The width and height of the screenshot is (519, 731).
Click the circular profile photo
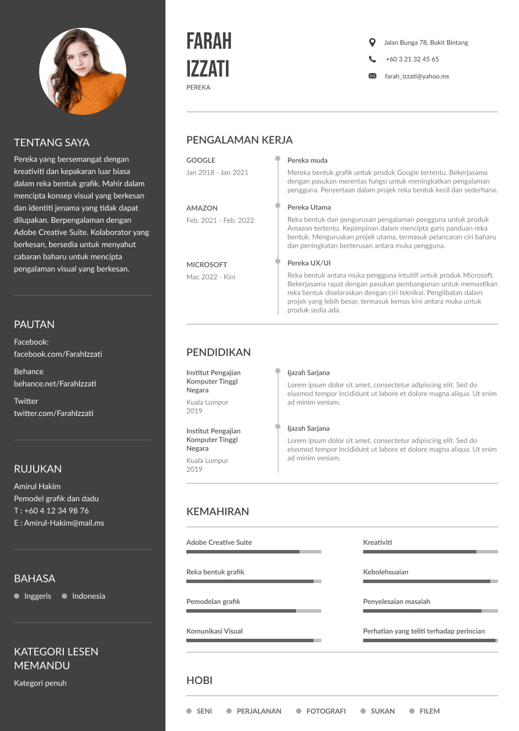(82, 71)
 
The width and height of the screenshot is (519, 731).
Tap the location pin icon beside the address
(372, 42)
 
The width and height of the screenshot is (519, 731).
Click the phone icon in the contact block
(372, 59)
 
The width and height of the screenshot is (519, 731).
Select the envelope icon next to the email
(372, 76)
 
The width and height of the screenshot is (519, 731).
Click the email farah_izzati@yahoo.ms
(417, 76)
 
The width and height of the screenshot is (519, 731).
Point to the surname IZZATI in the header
(208, 69)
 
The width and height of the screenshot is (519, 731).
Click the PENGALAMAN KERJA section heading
(239, 140)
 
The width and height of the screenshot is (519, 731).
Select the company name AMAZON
(202, 208)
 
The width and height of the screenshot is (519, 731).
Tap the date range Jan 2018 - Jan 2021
(217, 172)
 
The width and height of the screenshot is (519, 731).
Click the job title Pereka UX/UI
(309, 263)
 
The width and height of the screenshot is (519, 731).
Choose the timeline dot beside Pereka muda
(277, 158)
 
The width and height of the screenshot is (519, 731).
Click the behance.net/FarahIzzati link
(55, 383)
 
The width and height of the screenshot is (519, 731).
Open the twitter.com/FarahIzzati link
(53, 413)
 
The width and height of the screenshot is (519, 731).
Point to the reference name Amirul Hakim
(37, 486)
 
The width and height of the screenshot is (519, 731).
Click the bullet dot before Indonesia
(64, 596)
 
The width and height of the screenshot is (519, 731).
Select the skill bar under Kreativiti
(430, 552)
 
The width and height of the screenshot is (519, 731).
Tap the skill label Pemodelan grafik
(213, 602)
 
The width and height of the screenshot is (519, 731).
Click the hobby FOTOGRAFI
(326, 711)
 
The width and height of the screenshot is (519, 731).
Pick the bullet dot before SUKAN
(363, 711)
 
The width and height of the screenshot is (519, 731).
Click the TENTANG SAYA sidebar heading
(52, 143)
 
